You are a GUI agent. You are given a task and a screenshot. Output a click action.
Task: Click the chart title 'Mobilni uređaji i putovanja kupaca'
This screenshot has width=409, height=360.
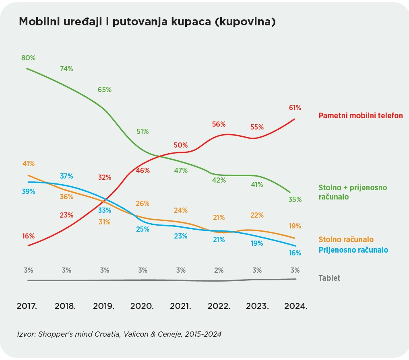click(x=147, y=22)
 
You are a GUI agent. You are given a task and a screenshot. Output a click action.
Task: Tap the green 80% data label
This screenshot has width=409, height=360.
click(x=28, y=58)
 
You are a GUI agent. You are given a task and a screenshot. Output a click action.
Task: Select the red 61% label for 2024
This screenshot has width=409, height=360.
click(x=295, y=108)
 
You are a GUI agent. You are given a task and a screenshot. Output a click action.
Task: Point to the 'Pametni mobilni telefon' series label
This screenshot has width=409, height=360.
click(x=361, y=116)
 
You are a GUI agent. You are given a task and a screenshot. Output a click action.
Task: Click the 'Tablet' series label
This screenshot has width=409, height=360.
click(x=329, y=278)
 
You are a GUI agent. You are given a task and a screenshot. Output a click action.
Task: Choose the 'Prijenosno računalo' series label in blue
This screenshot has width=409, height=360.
click(x=353, y=250)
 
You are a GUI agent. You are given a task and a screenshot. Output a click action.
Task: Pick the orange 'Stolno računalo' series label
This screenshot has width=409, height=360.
click(x=346, y=240)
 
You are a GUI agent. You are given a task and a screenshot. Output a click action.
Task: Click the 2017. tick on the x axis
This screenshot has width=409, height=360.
click(x=27, y=306)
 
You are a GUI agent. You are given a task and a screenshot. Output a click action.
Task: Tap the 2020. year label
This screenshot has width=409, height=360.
click(x=142, y=306)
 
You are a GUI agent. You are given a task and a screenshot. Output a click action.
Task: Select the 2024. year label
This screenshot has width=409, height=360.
click(x=295, y=306)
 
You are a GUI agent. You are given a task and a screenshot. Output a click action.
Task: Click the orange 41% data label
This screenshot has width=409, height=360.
click(x=28, y=164)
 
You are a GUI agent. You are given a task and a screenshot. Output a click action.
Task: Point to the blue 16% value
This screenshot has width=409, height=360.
click(x=295, y=253)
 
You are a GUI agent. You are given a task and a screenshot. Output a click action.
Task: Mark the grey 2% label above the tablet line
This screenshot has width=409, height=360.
click(x=219, y=270)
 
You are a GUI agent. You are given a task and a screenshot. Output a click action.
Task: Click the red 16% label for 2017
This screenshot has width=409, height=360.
click(x=28, y=236)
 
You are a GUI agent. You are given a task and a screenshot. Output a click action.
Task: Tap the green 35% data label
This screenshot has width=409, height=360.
click(x=295, y=199)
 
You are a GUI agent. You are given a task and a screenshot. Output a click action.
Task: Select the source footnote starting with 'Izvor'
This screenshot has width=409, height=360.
click(x=119, y=334)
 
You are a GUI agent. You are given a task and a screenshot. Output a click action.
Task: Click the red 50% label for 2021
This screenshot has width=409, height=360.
click(x=181, y=145)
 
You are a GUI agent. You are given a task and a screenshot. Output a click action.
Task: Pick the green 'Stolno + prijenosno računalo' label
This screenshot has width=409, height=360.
click(x=353, y=192)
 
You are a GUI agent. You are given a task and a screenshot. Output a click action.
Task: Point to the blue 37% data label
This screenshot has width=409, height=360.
click(x=66, y=176)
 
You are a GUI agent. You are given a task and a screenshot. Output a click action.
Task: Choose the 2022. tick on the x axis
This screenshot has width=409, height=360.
click(x=219, y=306)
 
